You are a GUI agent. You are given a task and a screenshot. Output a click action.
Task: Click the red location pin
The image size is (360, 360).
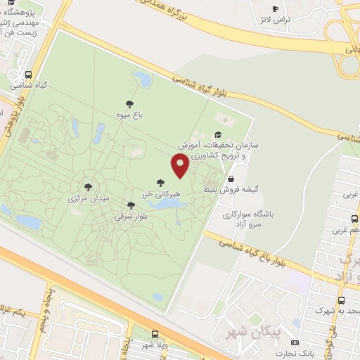(x=180, y=166)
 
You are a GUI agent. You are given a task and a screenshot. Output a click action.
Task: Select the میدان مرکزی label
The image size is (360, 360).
(x=89, y=199)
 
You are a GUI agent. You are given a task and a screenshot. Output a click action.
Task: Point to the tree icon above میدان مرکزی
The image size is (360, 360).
(x=88, y=188)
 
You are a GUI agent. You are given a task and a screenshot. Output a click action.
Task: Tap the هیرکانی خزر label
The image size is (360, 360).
(x=162, y=193)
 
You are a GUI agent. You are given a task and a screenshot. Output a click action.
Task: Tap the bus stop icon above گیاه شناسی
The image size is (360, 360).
(x=28, y=75)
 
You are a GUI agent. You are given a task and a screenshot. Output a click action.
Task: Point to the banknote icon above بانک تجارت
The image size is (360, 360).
(x=295, y=342)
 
